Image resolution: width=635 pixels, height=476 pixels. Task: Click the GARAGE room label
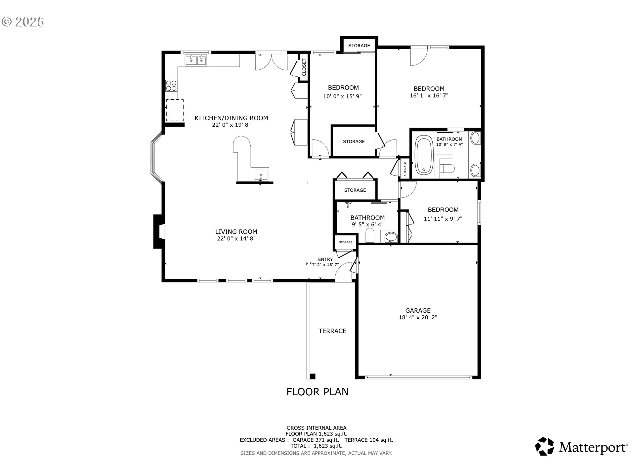click(x=418, y=310)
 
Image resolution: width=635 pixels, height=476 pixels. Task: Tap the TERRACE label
click(x=332, y=331)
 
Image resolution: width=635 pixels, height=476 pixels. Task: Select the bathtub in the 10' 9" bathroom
click(x=424, y=156)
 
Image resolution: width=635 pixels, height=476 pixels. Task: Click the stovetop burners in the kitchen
click(x=171, y=86)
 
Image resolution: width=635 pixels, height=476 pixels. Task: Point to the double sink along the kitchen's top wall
click(x=196, y=61)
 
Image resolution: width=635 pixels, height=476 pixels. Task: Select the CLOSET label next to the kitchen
click(x=304, y=67)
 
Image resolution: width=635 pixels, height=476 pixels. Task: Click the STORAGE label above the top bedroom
click(x=359, y=46)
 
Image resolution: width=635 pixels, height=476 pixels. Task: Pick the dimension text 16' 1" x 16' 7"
click(x=429, y=96)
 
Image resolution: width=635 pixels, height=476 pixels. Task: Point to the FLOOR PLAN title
click(x=317, y=392)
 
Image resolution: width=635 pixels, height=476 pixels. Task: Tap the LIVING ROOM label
click(x=236, y=232)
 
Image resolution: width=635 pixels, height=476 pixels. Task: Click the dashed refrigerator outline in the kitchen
click(x=175, y=110)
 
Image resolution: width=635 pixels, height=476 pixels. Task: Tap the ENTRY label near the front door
click(x=325, y=259)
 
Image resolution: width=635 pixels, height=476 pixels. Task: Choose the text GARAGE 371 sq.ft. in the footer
click(x=316, y=440)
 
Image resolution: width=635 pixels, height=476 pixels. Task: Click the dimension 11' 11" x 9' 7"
click(x=443, y=219)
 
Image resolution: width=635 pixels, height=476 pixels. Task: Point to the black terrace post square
click(x=312, y=376)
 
